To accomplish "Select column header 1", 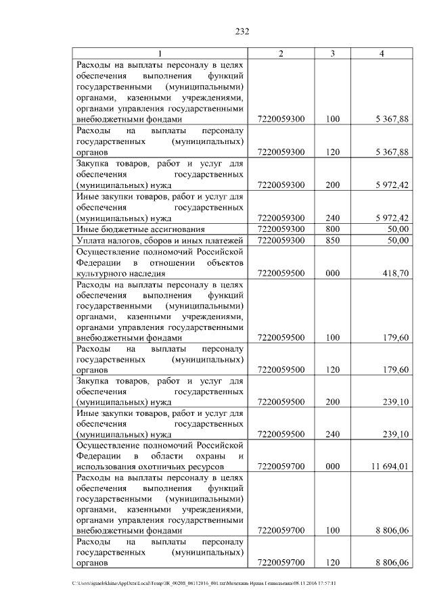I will [160, 53].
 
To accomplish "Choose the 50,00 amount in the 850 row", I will [398, 240].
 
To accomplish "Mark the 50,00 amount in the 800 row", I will [398, 229].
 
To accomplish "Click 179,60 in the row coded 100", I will [395, 337].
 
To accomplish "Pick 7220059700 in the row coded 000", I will [281, 467].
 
